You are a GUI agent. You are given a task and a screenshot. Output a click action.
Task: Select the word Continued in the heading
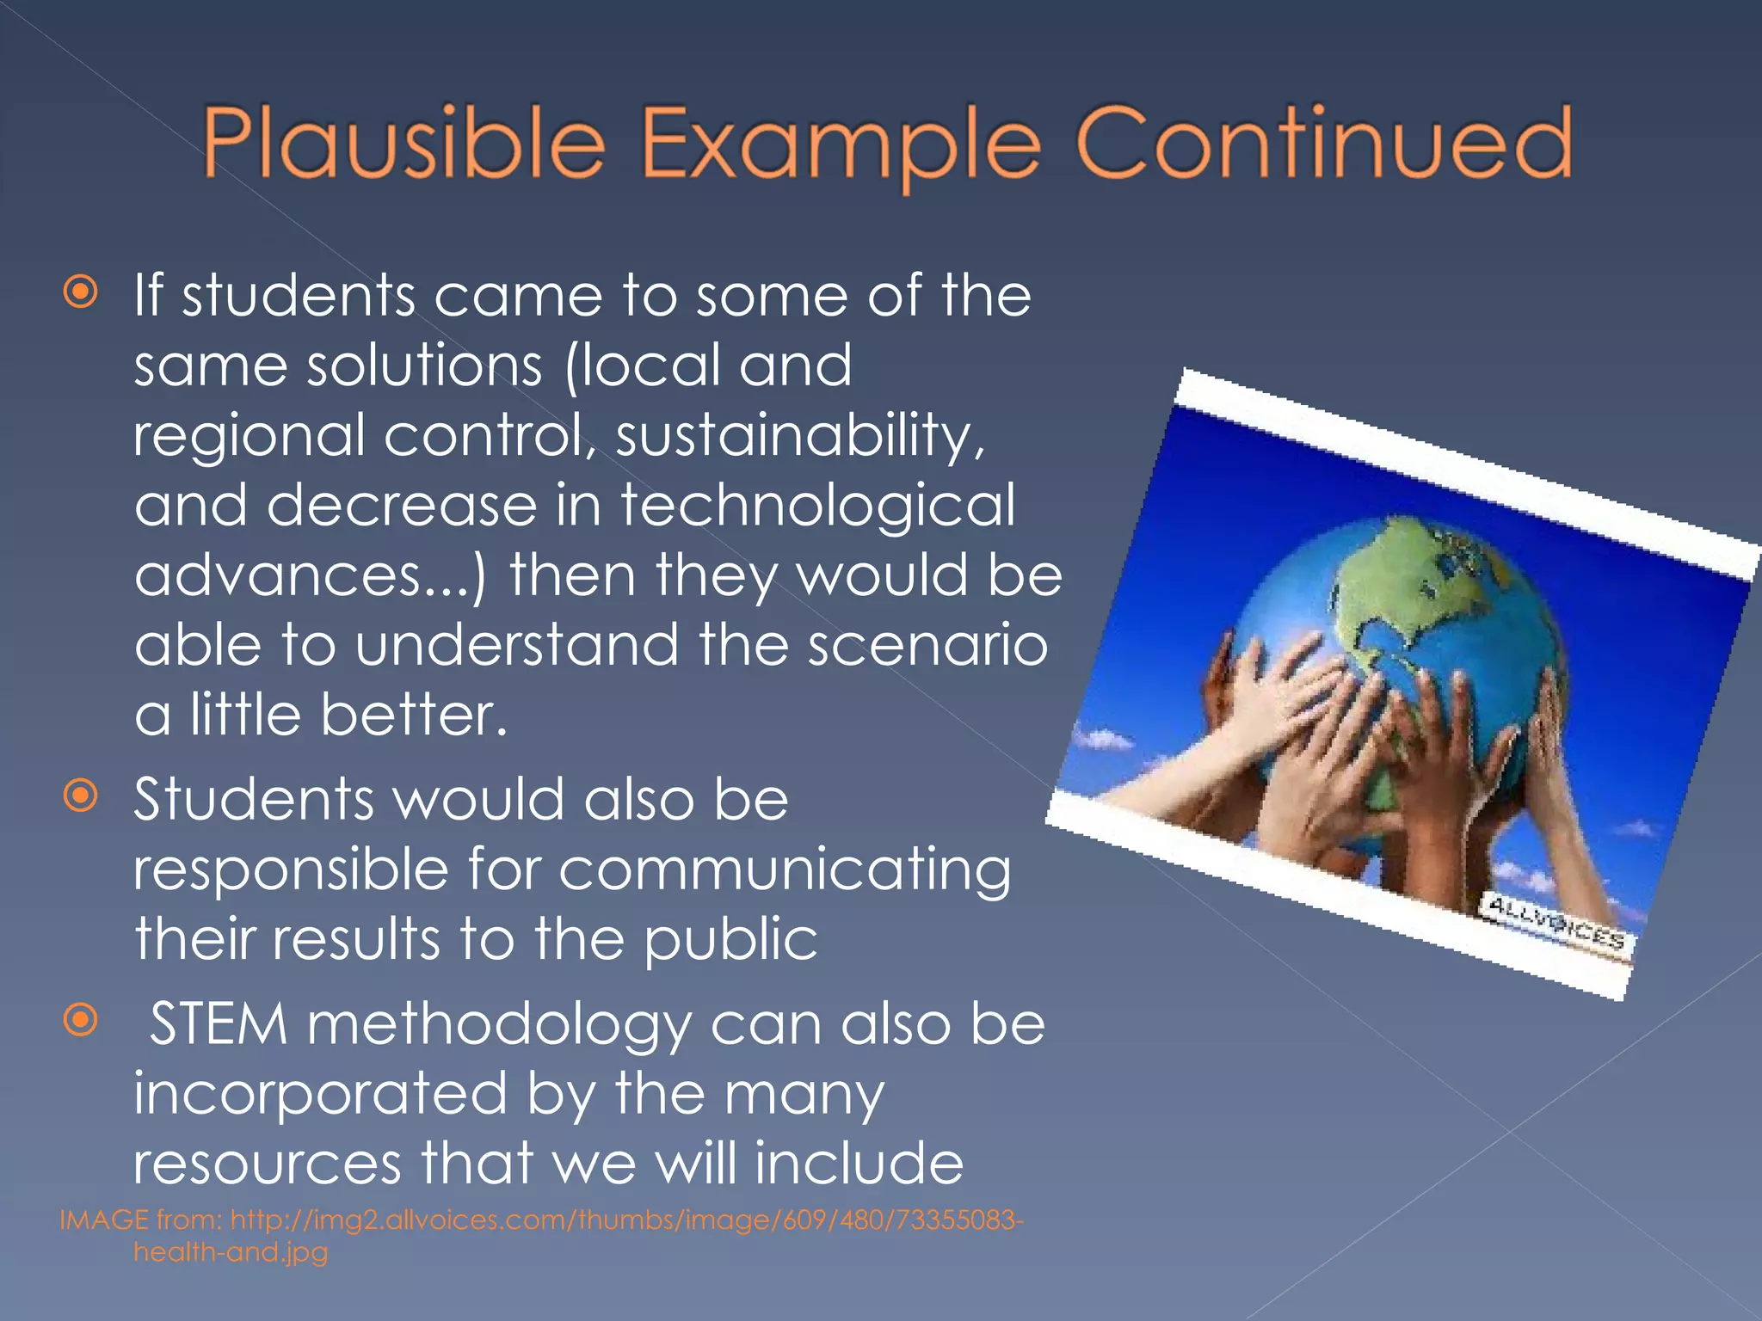[x=1324, y=143]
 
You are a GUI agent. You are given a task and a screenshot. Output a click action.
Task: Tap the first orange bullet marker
[x=81, y=293]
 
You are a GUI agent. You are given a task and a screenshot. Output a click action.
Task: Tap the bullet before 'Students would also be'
[x=81, y=796]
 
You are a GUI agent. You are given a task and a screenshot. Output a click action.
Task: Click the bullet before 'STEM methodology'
[x=81, y=1021]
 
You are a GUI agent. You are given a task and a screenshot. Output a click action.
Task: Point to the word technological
[x=818, y=505]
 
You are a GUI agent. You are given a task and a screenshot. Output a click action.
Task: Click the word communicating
[x=785, y=870]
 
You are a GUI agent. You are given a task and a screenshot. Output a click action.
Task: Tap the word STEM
[x=219, y=1025]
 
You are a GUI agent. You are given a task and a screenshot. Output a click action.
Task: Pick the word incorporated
[x=320, y=1094]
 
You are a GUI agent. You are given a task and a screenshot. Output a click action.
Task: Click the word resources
[x=268, y=1164]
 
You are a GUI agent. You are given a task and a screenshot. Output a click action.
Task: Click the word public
[x=730, y=939]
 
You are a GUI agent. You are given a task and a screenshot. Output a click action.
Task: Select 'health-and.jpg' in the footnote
[x=231, y=1252]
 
